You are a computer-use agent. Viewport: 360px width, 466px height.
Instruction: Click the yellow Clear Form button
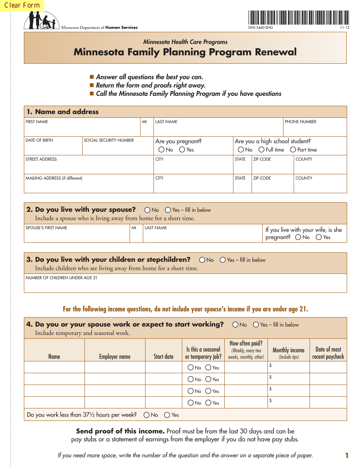[22, 5]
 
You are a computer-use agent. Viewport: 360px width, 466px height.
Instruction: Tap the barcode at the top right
[299, 17]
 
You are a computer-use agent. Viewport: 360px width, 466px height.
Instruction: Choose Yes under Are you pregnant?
[182, 150]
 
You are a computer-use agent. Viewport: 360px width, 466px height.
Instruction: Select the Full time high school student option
[261, 150]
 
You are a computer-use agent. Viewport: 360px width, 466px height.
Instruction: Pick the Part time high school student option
[293, 150]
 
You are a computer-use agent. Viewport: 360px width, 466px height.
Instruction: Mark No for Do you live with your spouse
[147, 210]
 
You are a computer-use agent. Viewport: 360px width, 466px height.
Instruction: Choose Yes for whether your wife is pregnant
[319, 237]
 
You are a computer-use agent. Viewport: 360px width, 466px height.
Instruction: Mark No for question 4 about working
[235, 325]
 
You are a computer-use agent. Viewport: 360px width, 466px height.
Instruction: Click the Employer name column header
[115, 357]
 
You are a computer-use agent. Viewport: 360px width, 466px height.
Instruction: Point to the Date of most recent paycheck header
[328, 353]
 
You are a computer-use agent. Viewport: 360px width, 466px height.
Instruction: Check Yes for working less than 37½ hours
[167, 415]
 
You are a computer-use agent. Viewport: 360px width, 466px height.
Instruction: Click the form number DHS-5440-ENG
[260, 28]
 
